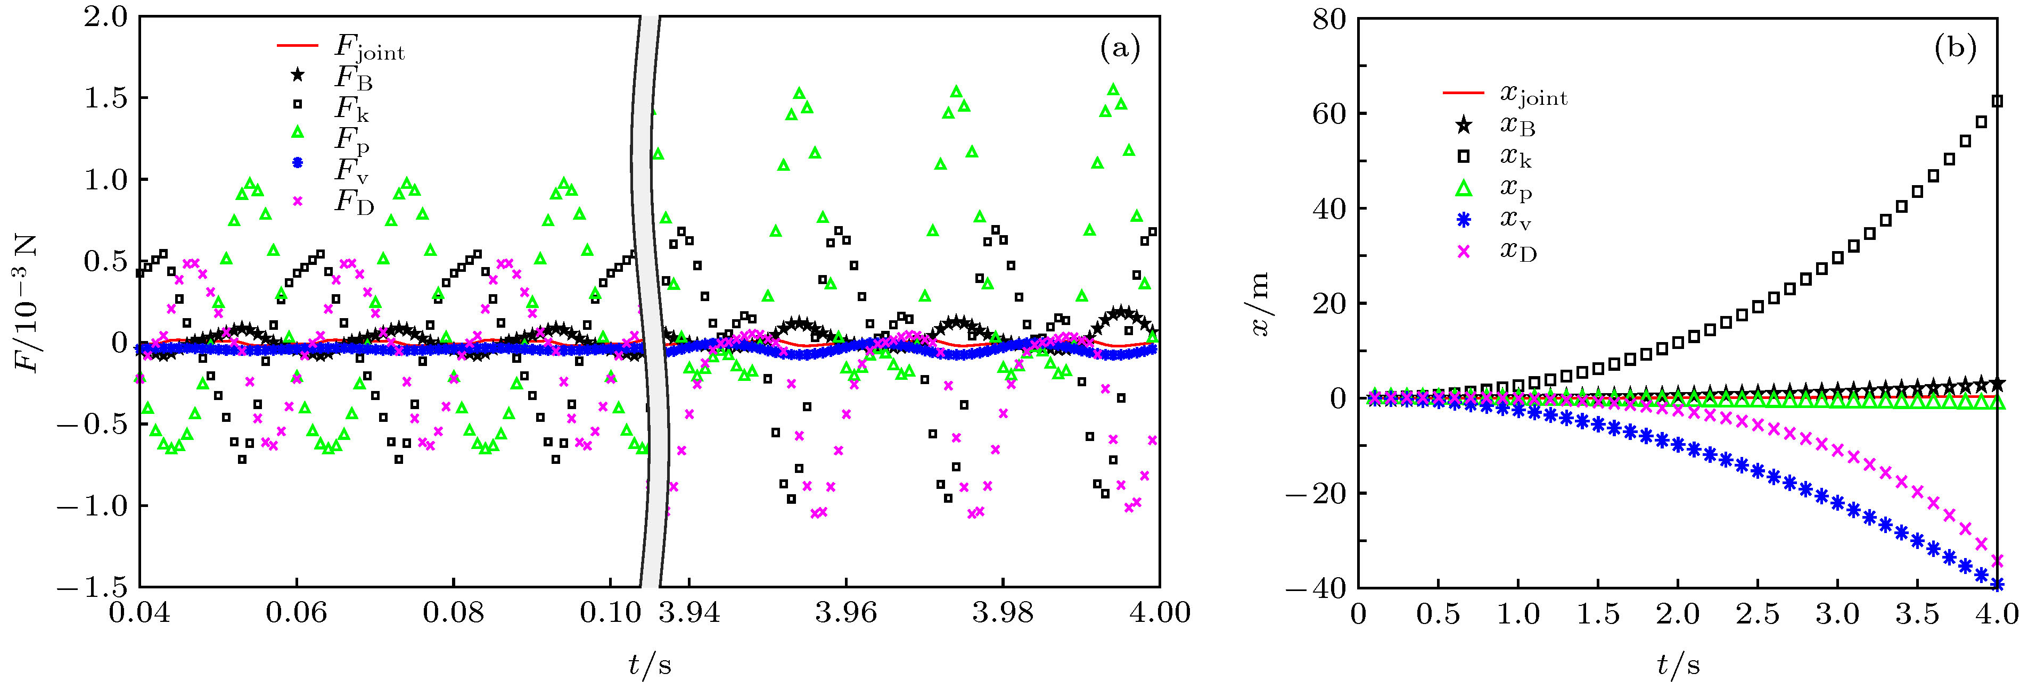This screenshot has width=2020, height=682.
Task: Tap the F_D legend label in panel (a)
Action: (354, 202)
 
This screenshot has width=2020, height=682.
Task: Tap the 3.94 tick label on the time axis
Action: (688, 612)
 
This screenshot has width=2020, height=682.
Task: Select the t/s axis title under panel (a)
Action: (650, 665)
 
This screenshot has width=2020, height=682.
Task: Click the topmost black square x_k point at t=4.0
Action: (1997, 101)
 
